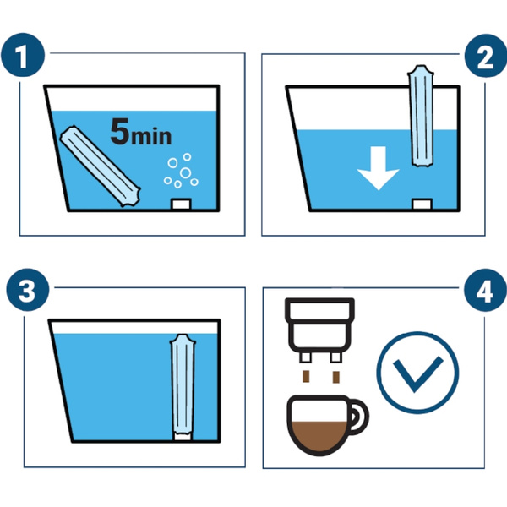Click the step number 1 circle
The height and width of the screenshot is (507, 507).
[x=23, y=55]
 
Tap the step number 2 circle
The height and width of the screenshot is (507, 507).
[x=486, y=56]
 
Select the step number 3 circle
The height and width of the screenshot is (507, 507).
[x=28, y=290]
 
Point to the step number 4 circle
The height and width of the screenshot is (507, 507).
[x=485, y=290]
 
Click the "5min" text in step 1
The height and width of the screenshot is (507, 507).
[x=140, y=132]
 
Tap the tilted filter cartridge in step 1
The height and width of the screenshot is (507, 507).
[x=101, y=166]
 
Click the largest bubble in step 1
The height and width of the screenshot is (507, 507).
[x=185, y=172]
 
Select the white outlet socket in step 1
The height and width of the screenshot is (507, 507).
[x=181, y=204]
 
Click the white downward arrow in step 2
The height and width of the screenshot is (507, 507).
[x=378, y=168]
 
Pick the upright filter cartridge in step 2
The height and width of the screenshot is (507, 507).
[x=421, y=116]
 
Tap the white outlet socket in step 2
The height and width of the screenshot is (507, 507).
[x=422, y=204]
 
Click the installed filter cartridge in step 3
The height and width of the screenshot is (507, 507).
[x=183, y=384]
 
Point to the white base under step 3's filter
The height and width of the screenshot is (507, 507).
[x=183, y=437]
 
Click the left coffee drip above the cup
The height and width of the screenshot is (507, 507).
[x=306, y=376]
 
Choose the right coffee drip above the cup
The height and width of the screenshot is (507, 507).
[x=336, y=377]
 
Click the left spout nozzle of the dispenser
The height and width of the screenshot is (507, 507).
[x=306, y=357]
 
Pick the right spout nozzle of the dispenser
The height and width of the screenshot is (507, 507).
[x=336, y=357]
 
